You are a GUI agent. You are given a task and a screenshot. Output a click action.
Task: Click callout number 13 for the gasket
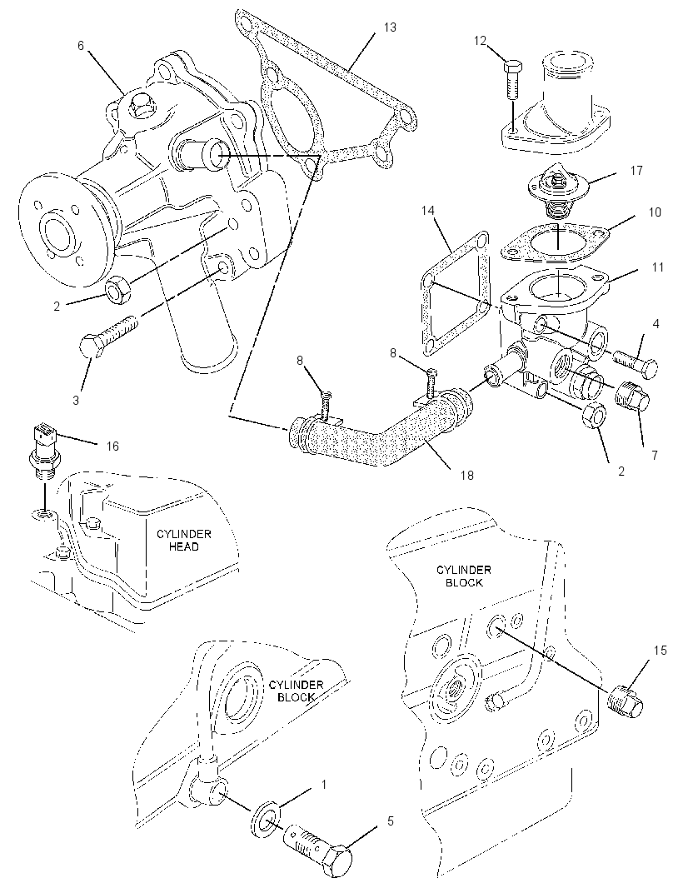pyautogui.click(x=390, y=27)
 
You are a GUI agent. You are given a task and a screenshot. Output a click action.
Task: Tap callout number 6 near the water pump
pyautogui.click(x=81, y=45)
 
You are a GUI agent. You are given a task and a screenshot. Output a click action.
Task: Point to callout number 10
pyautogui.click(x=655, y=212)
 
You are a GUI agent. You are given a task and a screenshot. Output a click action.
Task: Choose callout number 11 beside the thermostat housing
pyautogui.click(x=657, y=267)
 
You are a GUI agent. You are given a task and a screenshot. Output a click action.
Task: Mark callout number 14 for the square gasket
pyautogui.click(x=427, y=211)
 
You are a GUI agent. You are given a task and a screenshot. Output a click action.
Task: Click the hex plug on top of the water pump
pyautogui.click(x=142, y=107)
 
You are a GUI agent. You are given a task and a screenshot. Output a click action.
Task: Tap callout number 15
pyautogui.click(x=660, y=650)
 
